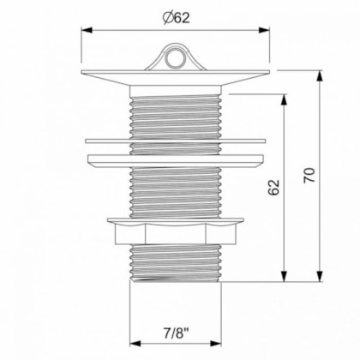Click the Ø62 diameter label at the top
point(176,18)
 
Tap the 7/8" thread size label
point(177,333)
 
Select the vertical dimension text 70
point(309,175)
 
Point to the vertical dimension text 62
point(273,187)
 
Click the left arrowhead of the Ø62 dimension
point(87,30)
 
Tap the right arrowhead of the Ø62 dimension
point(264,30)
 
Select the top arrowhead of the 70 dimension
point(321,75)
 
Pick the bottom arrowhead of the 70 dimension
point(321,276)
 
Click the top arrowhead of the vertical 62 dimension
point(284,99)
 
